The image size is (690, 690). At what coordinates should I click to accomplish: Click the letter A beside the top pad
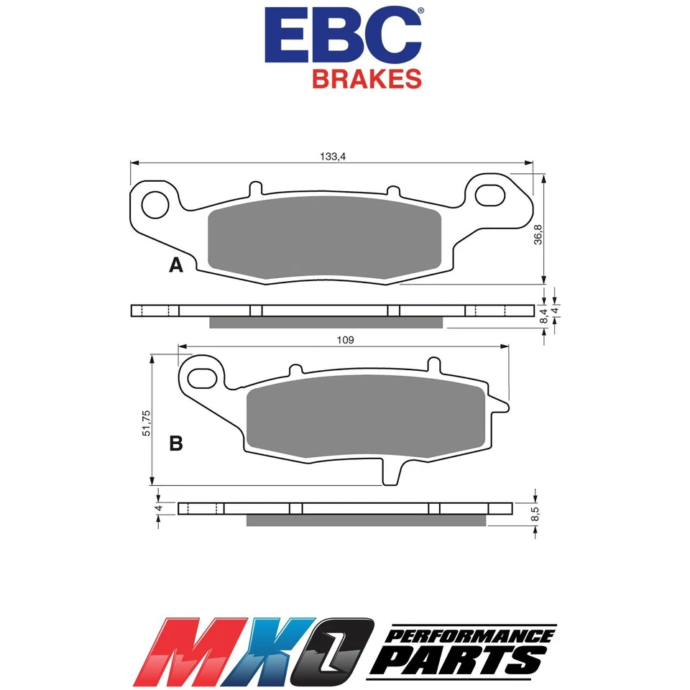(175, 266)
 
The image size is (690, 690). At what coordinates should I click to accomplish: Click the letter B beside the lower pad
(175, 444)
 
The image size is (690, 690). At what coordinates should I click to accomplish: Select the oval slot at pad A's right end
(494, 196)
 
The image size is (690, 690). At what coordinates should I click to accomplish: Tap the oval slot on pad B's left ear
(203, 377)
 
